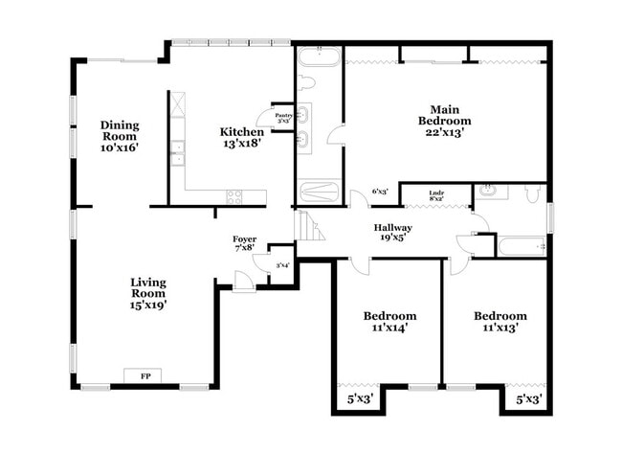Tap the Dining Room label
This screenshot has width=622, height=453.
click(121, 136)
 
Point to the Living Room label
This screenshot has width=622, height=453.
click(148, 294)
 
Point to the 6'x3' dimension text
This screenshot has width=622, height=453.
click(380, 192)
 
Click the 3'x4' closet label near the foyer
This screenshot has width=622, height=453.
click(282, 265)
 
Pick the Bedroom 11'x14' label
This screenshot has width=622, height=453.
click(389, 322)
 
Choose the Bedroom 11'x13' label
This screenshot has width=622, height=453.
click(500, 322)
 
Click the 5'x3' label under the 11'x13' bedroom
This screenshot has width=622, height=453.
click(528, 396)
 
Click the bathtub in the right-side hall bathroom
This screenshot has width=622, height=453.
click(522, 246)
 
